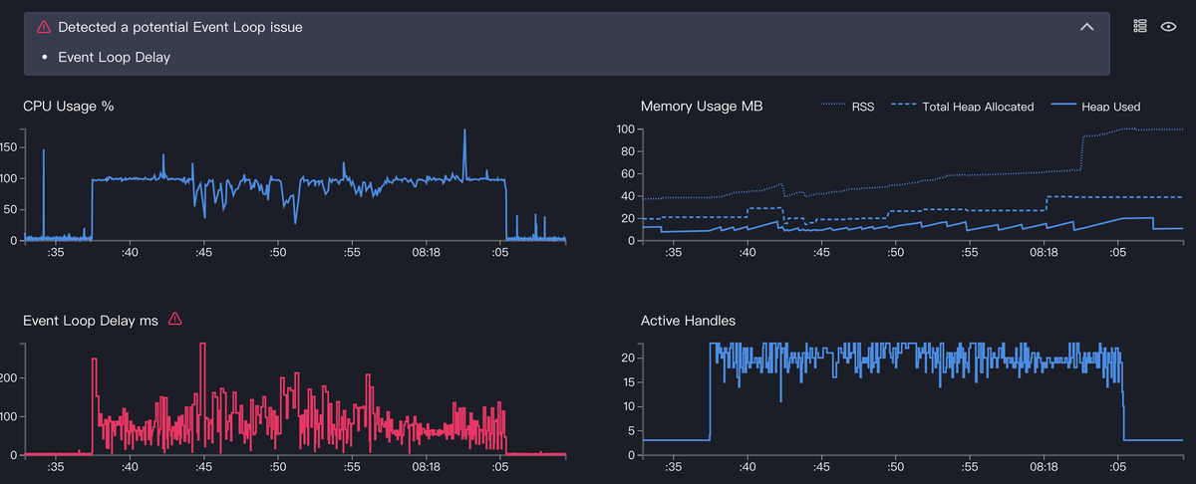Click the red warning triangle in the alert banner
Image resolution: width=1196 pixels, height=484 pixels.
[x=43, y=27]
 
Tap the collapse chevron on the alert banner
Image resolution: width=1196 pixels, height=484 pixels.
[x=1086, y=27]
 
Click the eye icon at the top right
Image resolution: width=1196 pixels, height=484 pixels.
[x=1168, y=27]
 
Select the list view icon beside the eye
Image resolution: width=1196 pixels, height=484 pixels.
[x=1140, y=26]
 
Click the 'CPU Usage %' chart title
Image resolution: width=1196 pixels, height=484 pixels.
[x=69, y=107]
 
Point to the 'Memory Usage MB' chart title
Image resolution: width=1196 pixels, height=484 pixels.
[x=702, y=107]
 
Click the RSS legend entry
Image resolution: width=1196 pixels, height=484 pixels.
[x=847, y=107]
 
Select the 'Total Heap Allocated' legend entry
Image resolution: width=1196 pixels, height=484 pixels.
[x=963, y=107]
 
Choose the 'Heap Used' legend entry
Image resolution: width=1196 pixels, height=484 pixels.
[x=1095, y=107]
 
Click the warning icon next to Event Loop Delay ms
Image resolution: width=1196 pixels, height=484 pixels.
[x=175, y=319]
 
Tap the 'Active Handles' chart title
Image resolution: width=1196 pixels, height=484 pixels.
[x=688, y=321]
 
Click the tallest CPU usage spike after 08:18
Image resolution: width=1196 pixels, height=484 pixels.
[x=464, y=131]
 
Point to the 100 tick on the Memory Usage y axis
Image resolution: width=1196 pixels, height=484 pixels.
[x=625, y=129]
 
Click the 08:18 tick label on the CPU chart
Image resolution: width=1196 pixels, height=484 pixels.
[x=426, y=252]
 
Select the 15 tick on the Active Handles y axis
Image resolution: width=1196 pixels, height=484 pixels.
[x=628, y=382]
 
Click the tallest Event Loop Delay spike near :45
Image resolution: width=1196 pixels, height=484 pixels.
[x=202, y=345]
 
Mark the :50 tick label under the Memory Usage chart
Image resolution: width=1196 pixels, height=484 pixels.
[x=895, y=252]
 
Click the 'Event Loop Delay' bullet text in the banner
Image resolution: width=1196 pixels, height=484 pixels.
[x=114, y=57]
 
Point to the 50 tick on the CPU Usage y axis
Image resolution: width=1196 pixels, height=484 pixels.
[x=10, y=209]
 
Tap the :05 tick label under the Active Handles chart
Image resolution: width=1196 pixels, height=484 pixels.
[x=1117, y=467]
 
